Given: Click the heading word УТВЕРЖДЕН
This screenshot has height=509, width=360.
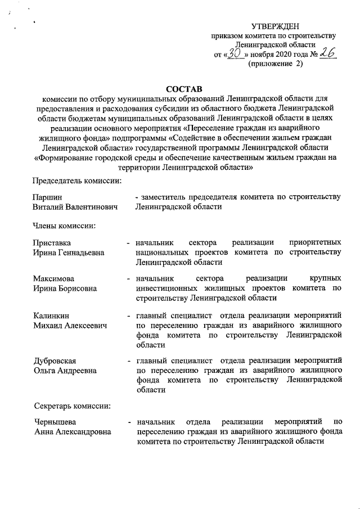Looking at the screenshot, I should pos(275,26).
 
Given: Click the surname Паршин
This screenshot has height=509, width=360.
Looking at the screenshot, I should pos(47,197).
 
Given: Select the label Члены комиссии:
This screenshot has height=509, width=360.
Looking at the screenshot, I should pos(63,226).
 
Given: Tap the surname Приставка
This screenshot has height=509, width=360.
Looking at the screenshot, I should pos(52,242).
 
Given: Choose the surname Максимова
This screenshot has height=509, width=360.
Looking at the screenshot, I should pos(53,278).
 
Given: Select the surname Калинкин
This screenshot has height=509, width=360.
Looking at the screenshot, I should pos(51,316).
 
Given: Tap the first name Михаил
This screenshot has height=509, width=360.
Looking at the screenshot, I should pos(47,326).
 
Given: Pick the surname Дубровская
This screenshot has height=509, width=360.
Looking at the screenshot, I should pos(55,361).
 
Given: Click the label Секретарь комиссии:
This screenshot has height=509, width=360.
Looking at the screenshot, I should pos(71,406).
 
